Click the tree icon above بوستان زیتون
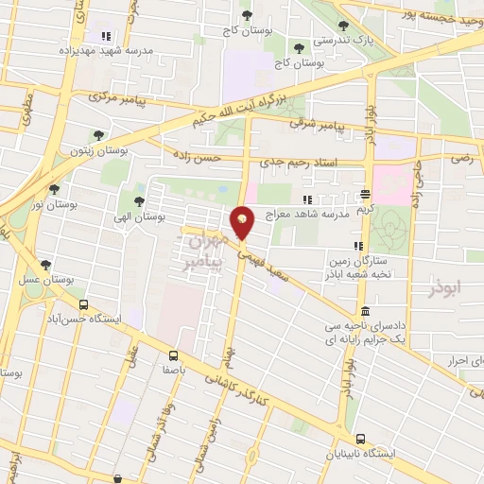(x=98, y=136)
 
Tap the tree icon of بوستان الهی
(x=139, y=201)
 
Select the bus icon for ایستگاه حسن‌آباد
(x=83, y=305)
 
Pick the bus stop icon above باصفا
(x=172, y=355)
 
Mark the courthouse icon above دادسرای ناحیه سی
(x=365, y=312)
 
